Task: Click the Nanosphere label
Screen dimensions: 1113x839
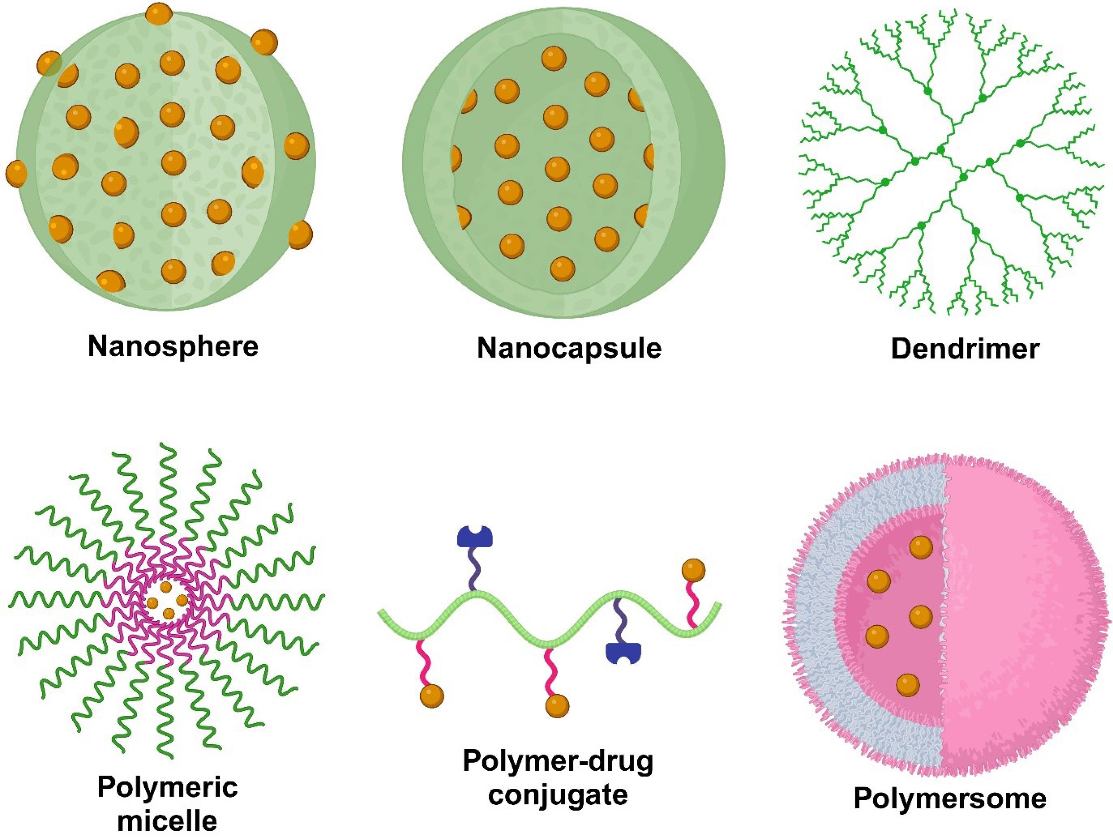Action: click(x=173, y=346)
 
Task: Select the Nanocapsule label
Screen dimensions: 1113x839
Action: click(x=569, y=348)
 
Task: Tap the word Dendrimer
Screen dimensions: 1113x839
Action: click(x=965, y=348)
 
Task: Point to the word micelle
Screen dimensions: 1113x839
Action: click(x=167, y=821)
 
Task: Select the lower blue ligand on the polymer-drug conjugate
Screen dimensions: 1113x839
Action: click(x=623, y=653)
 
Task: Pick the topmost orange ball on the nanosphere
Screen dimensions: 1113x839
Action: click(x=159, y=14)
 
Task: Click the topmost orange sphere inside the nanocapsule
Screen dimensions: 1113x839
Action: click(x=554, y=59)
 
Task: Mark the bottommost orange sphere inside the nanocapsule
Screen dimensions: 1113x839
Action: click(x=563, y=268)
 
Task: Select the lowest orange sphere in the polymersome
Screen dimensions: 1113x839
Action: click(x=908, y=684)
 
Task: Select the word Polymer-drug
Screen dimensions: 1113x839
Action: click(x=558, y=762)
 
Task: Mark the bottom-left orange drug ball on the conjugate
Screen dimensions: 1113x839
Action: click(x=432, y=697)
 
